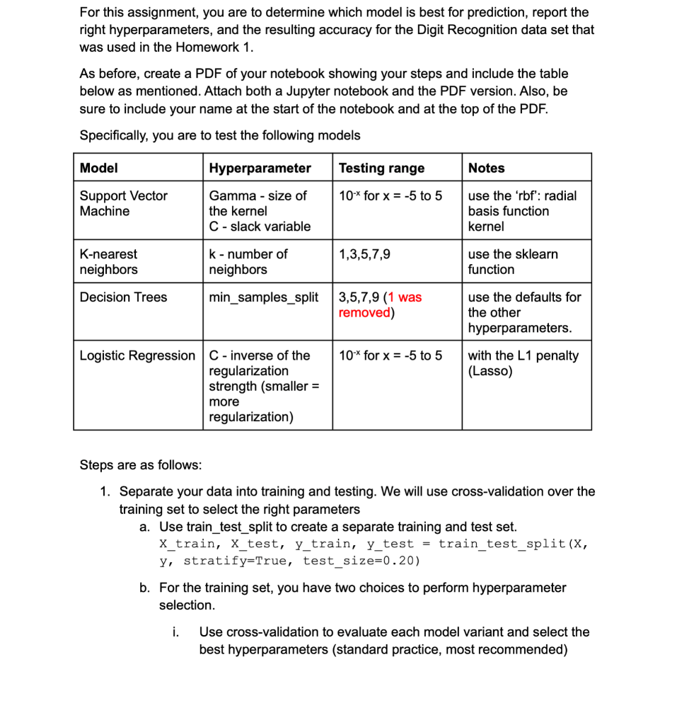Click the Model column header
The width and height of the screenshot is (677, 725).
[x=99, y=168]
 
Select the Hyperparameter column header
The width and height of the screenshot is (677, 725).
[x=260, y=168]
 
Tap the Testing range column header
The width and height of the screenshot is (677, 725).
[x=381, y=168]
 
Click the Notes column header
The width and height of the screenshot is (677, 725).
[x=487, y=168]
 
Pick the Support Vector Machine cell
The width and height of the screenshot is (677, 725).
[x=123, y=203]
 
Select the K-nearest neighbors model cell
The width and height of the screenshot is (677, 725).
[x=108, y=261]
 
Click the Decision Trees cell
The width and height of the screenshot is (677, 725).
[x=123, y=297]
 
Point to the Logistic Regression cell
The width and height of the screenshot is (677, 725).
[x=137, y=355]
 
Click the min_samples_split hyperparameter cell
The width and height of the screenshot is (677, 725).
[x=264, y=297]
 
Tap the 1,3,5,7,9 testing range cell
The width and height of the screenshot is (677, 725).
[x=364, y=254]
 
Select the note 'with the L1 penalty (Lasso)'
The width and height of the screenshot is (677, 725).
[x=523, y=362]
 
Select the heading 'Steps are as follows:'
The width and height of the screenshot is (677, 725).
[x=140, y=465]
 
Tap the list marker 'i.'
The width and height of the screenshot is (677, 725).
[x=175, y=632]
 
